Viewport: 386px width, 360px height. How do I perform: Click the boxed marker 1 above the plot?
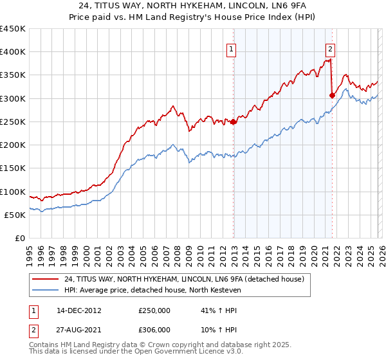pos(231,48)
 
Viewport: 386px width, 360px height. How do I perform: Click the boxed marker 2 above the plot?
pos(330,48)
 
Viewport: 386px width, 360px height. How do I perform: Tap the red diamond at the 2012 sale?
pos(234,122)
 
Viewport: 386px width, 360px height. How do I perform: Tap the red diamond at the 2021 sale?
pos(333,96)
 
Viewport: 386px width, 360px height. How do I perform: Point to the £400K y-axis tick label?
pos(13,52)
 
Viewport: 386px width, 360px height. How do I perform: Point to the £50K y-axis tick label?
pos(15,215)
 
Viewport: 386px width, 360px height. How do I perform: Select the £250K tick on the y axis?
pos(13,122)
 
